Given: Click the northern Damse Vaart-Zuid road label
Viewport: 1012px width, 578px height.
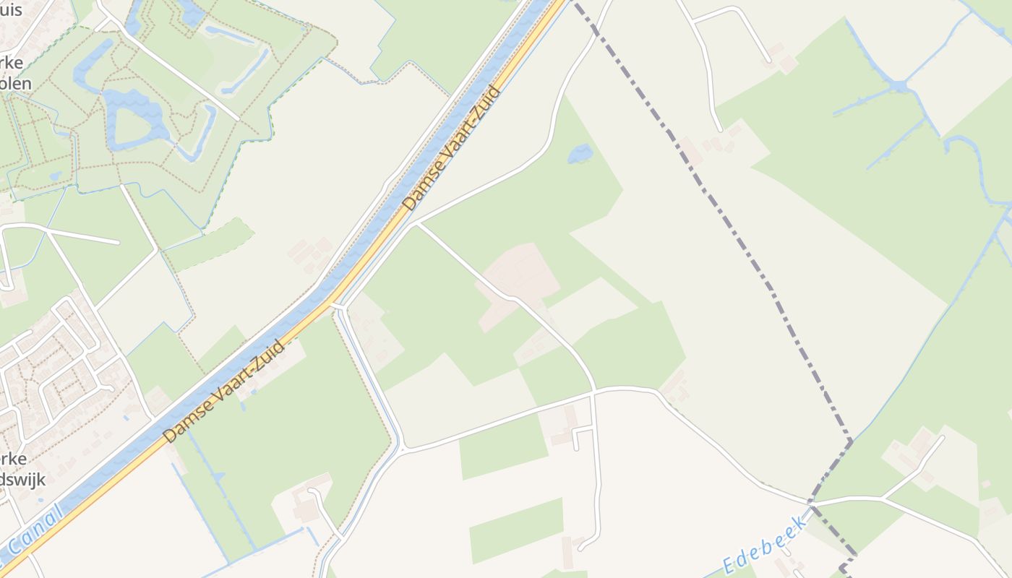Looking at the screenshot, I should pyautogui.click(x=453, y=149).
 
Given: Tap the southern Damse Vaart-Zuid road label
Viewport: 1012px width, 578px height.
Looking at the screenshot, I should pyautogui.click(x=224, y=392).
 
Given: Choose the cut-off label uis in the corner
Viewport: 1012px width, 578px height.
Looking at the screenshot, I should pyautogui.click(x=11, y=10).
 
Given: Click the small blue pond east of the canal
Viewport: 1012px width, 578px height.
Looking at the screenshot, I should pyautogui.click(x=580, y=153).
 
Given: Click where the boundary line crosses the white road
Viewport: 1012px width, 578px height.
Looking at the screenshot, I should pyautogui.click(x=811, y=501).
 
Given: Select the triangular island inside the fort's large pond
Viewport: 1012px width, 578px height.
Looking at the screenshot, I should pyautogui.click(x=130, y=125).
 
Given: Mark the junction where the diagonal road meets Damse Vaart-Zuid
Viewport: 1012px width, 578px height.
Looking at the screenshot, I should pyautogui.click(x=413, y=225).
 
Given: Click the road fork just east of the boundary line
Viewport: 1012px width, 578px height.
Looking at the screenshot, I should pyautogui.click(x=882, y=498).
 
